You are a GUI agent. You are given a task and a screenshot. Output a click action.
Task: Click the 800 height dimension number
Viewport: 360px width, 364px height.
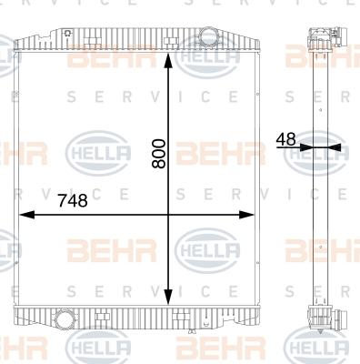coord(159,154)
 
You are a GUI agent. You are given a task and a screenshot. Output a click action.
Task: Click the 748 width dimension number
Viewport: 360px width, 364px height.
coord(73,200)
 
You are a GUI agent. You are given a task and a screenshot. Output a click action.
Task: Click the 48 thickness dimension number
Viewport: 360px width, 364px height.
coord(285,139)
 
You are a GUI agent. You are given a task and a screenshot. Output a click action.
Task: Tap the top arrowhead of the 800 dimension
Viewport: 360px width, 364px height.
coord(168,61)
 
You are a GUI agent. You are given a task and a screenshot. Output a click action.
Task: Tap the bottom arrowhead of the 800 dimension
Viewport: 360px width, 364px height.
coord(168,297)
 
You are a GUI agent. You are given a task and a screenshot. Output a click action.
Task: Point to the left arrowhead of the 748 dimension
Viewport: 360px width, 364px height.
coord(27,215)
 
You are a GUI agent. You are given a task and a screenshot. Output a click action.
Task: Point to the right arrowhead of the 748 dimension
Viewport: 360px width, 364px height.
coord(246,215)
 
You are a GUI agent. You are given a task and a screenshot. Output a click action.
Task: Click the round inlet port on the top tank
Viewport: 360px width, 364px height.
coord(207,35)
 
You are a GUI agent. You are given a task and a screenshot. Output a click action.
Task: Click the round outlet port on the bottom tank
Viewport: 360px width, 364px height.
coord(63,318)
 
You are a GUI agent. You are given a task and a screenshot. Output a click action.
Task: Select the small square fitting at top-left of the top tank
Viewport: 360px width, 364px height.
coord(68,33)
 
